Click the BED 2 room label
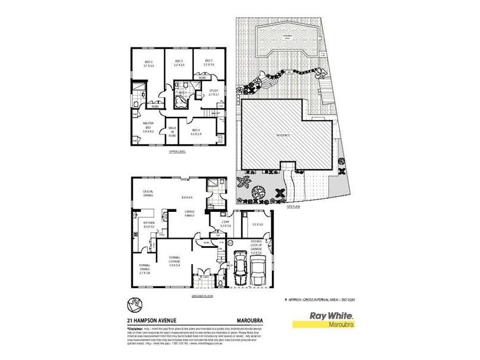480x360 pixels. tap(149, 62)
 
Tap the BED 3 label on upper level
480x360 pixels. tap(179, 62)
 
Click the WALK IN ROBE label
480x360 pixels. tap(172, 132)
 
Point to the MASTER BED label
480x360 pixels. tap(148, 127)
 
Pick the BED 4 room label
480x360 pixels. tap(195, 132)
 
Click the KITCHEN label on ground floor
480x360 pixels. tap(148, 224)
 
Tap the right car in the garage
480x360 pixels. tap(259, 271)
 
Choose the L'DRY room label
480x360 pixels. tap(218, 224)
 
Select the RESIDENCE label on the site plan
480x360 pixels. tap(283, 135)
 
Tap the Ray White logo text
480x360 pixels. tap(331, 316)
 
